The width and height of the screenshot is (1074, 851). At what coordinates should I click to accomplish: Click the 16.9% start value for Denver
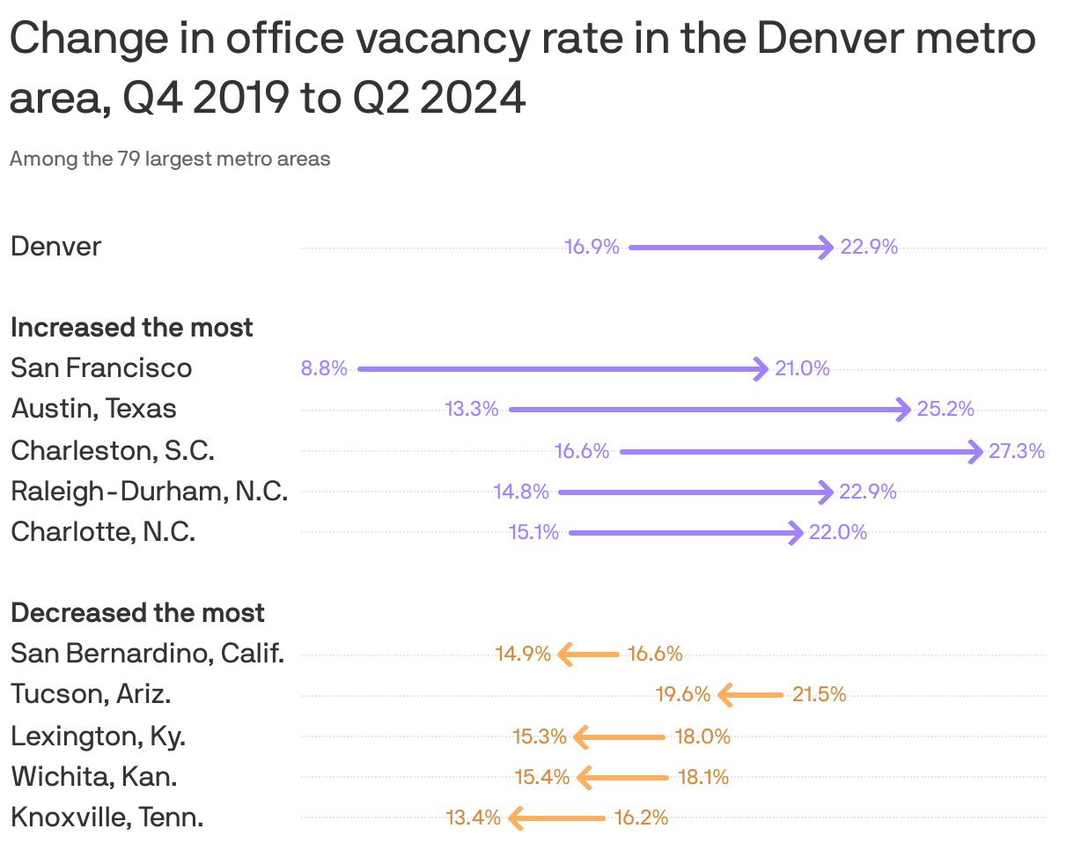click(x=592, y=248)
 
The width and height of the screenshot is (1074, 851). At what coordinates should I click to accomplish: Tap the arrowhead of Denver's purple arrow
click(x=826, y=248)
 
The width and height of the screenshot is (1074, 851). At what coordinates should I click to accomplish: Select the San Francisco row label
click(x=101, y=367)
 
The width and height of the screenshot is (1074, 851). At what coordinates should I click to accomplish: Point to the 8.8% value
click(x=324, y=369)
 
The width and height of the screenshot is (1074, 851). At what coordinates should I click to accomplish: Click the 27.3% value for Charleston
click(x=1016, y=452)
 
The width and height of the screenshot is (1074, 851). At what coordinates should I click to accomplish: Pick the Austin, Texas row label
click(x=93, y=409)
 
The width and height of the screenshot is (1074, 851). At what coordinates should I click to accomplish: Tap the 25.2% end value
click(x=945, y=410)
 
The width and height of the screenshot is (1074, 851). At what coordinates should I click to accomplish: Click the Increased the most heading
click(x=131, y=328)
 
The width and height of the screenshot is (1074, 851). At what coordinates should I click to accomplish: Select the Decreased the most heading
click(x=137, y=613)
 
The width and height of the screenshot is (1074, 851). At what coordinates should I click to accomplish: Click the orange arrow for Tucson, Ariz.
click(x=750, y=695)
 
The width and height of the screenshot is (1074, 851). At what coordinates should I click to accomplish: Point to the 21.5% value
click(x=819, y=695)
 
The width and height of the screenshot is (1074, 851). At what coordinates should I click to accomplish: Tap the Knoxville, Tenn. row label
click(x=107, y=818)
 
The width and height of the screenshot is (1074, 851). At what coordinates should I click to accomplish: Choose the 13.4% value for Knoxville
click(x=474, y=818)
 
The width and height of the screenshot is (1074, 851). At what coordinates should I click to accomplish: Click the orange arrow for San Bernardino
click(x=588, y=655)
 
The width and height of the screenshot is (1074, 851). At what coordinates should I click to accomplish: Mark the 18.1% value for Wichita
click(x=703, y=778)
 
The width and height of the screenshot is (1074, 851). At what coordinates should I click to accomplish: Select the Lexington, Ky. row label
click(x=98, y=736)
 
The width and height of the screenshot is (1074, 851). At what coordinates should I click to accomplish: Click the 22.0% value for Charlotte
click(x=837, y=533)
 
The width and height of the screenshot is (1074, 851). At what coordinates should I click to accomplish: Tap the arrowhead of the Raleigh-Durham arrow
click(x=825, y=492)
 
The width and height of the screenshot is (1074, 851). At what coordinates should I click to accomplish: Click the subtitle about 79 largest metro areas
click(x=170, y=159)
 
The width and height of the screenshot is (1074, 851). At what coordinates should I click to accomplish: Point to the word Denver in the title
click(x=841, y=41)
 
